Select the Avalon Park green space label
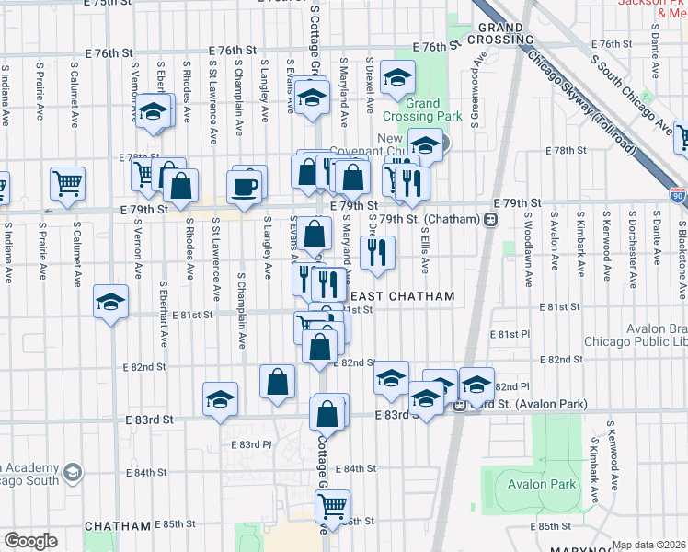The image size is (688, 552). [549, 484]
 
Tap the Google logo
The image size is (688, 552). [30, 541]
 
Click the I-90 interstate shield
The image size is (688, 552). [677, 196]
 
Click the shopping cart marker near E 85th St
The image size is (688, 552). [332, 504]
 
